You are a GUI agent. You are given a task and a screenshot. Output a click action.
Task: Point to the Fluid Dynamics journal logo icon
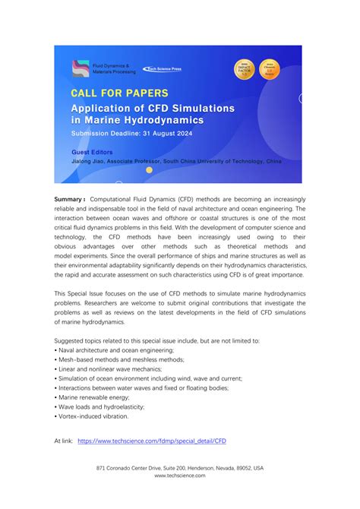point(80,68)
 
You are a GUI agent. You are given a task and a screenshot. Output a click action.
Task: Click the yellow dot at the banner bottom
point(150,170)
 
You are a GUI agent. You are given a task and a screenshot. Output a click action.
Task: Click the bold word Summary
point(70,199)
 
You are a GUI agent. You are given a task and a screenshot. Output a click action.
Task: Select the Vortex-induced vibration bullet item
point(92,416)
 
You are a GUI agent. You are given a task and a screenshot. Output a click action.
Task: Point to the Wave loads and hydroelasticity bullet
point(98,406)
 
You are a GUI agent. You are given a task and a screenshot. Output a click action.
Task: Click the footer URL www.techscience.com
point(180,476)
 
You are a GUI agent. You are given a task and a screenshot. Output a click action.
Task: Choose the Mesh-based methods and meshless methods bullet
point(121,359)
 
